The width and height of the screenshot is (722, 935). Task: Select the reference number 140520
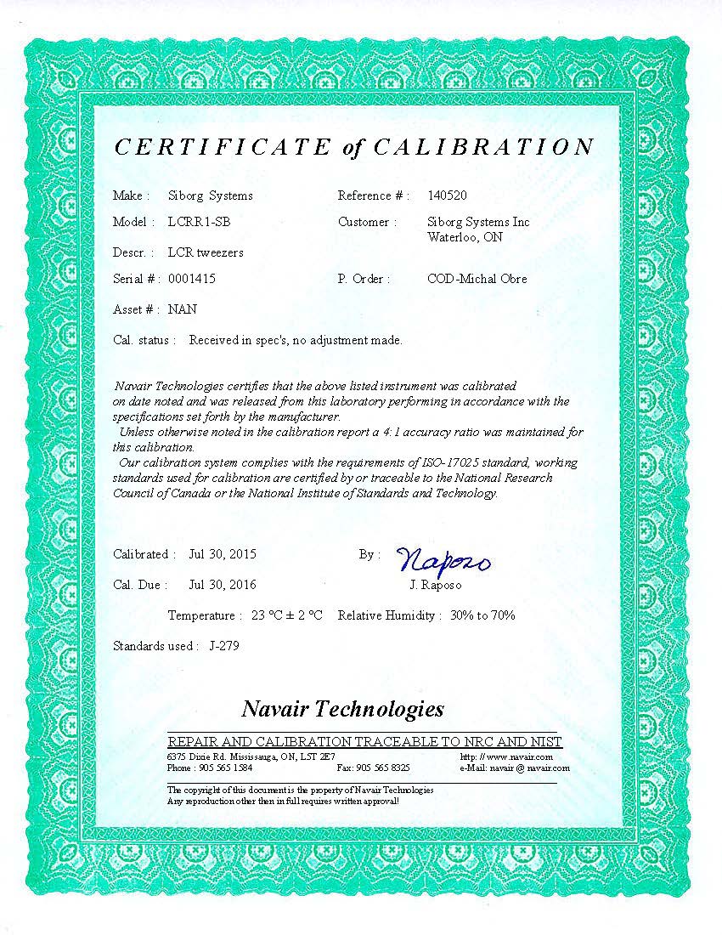coord(448,195)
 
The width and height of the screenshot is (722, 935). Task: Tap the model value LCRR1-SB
coord(199,222)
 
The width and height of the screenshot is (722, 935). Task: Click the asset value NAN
coord(182,309)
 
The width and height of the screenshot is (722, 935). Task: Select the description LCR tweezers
coord(206,252)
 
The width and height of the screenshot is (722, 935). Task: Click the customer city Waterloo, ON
coord(465,237)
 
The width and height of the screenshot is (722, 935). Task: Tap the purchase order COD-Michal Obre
coord(477,279)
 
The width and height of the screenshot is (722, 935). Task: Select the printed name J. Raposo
coord(436,586)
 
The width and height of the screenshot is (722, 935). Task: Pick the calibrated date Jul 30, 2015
coord(223,554)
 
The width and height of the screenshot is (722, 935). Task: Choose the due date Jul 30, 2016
coord(223,585)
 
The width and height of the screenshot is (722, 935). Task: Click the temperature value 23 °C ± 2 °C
coord(287,615)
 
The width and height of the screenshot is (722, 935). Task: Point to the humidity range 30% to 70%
coord(482,615)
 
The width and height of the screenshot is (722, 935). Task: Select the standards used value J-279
coord(223,646)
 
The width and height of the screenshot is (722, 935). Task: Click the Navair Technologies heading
coord(342,708)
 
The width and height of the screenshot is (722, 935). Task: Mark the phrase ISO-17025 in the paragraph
coord(453,462)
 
